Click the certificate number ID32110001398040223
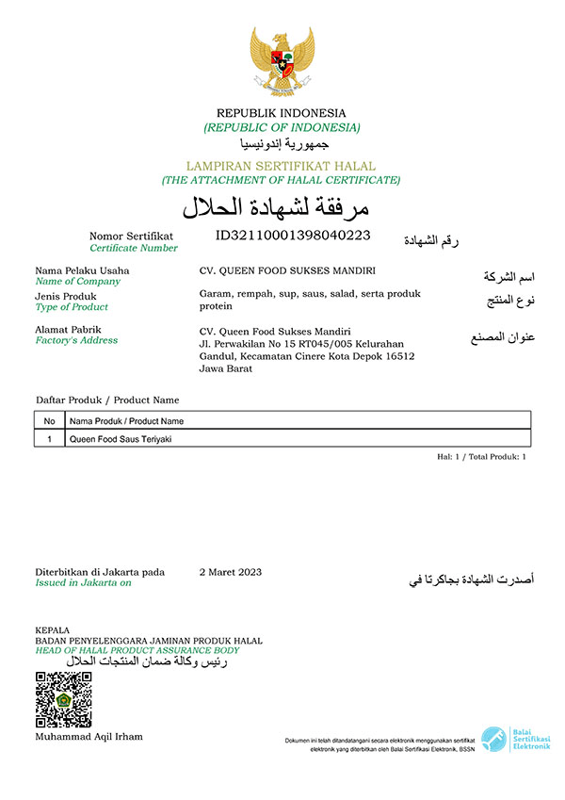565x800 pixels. (293, 235)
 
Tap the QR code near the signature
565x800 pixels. (63, 699)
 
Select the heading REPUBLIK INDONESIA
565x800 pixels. (282, 113)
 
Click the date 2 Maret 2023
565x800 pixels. (231, 572)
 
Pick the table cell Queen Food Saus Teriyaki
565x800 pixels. (121, 438)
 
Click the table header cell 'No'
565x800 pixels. (49, 421)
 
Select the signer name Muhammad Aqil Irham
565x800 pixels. (89, 736)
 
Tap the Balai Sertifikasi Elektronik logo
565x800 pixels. (515, 741)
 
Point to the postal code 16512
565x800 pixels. (399, 356)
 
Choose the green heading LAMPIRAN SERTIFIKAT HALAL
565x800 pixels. (281, 166)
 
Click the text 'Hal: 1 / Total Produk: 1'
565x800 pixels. (480, 456)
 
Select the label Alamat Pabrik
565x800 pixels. (68, 329)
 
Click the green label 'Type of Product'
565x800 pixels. (72, 307)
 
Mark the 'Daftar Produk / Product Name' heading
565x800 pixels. (106, 400)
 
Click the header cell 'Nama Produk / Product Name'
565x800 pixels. (126, 421)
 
